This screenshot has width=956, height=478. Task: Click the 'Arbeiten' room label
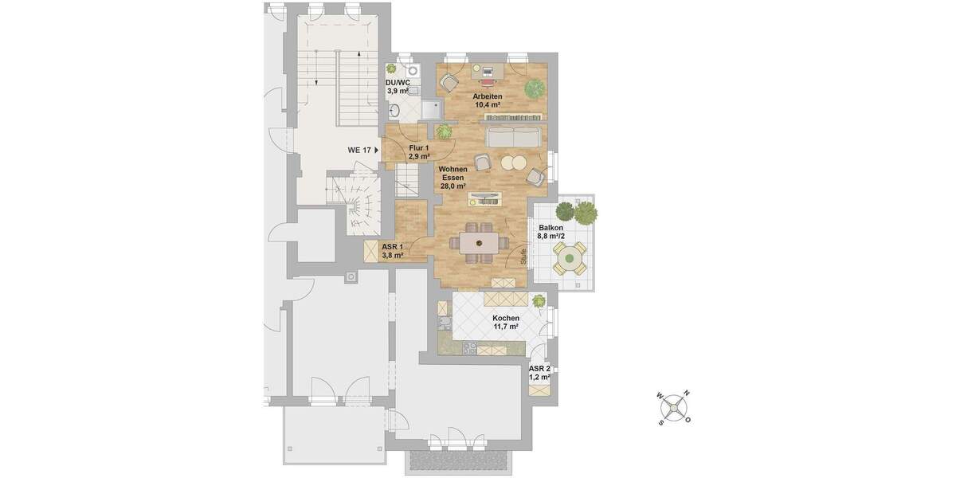(487, 96)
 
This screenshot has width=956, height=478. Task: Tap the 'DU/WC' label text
(398, 82)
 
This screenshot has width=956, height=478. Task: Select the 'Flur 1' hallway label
(419, 147)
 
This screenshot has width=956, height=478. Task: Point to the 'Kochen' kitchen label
(506, 319)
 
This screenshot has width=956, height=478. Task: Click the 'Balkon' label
(551, 227)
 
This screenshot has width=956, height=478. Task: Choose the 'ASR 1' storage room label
(392, 247)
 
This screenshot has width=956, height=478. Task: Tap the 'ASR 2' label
(540, 369)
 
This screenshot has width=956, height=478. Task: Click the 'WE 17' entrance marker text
(360, 150)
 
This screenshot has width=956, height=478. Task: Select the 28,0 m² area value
(453, 186)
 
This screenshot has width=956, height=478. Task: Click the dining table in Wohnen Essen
(481, 242)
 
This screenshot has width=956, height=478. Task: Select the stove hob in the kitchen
(470, 348)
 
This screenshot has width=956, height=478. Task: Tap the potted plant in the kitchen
(539, 301)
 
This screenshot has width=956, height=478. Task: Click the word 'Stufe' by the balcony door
(523, 257)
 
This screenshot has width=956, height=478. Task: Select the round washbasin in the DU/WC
(413, 70)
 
